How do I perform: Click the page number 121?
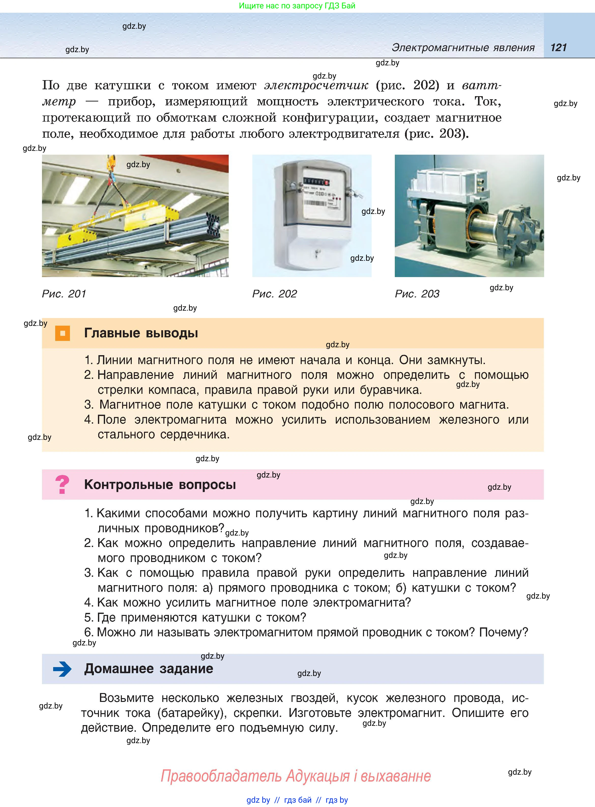[x=558, y=48]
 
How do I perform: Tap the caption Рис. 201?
[x=64, y=294]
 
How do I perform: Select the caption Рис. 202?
[x=274, y=294]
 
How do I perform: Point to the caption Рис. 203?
[x=417, y=294]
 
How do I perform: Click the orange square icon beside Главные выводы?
[x=62, y=333]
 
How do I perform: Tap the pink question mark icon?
[x=62, y=485]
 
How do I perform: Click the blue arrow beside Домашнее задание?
[x=62, y=669]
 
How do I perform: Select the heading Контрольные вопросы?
[x=160, y=485]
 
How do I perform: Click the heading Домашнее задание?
[x=148, y=669]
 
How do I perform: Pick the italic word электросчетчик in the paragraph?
[x=316, y=85]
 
